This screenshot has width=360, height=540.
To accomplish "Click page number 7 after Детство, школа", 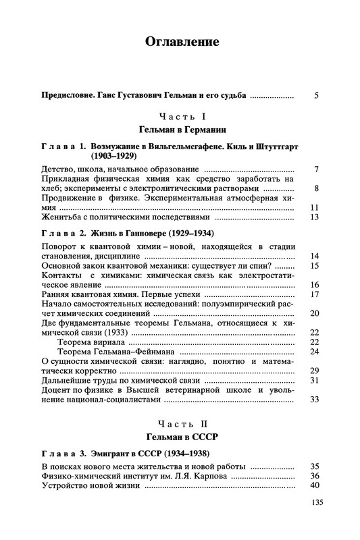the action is pyautogui.click(x=316, y=167).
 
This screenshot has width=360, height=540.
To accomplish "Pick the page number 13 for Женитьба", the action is pyautogui.click(x=313, y=217).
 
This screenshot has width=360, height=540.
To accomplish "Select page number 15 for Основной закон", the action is pyautogui.click(x=313, y=265).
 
